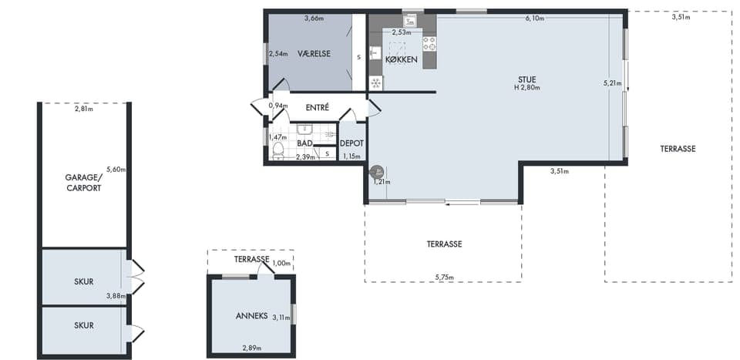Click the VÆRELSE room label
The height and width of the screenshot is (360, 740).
(x=314, y=54)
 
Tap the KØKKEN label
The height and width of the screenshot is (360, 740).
(x=401, y=60)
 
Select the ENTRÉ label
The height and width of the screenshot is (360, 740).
(x=317, y=108)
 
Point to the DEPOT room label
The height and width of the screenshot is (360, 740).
(x=351, y=144)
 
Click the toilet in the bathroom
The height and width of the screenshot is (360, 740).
(x=278, y=151)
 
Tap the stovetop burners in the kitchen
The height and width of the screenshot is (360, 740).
(x=429, y=43)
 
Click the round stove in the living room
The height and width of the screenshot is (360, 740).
(x=377, y=172)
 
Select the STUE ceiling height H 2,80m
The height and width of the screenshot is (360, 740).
(x=527, y=87)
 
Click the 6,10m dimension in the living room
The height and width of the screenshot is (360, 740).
(x=535, y=19)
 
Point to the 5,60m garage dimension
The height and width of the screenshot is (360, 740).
(x=116, y=170)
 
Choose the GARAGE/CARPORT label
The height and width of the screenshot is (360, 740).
(x=83, y=183)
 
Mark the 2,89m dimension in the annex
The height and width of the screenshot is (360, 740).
(x=252, y=348)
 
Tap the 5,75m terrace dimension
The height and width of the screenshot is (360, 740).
(x=444, y=278)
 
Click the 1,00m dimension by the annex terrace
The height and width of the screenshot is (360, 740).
(x=283, y=264)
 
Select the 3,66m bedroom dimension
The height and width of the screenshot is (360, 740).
(x=314, y=19)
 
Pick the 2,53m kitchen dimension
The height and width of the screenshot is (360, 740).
(x=401, y=32)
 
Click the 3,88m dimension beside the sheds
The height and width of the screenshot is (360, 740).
(x=116, y=296)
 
